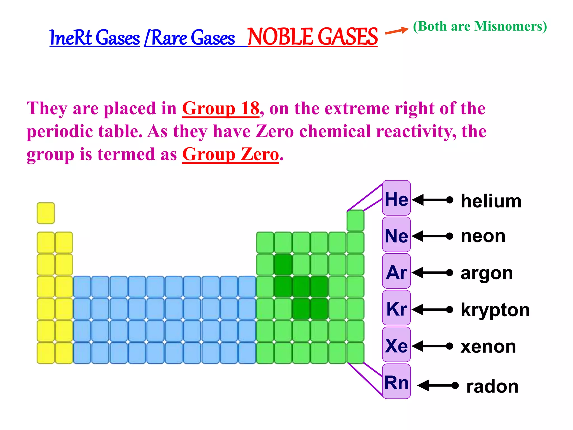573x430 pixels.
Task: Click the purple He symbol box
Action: point(396,198)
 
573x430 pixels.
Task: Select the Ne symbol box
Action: point(396,235)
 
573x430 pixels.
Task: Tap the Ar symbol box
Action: point(396,271)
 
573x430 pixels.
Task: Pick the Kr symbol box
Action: point(396,308)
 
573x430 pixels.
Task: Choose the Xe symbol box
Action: point(396,345)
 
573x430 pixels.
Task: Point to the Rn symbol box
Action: point(396,382)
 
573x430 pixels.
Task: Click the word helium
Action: point(491,201)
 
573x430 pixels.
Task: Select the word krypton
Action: point(495,310)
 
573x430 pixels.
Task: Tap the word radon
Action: point(492,386)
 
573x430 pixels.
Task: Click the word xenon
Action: point(488,347)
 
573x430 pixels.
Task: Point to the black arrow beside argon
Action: point(432,272)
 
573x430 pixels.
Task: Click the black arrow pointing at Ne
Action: point(432,236)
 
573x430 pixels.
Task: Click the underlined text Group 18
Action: point(221,108)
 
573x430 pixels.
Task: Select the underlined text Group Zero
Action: point(231,154)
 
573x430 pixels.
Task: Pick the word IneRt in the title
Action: point(71,38)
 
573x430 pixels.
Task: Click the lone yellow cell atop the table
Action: point(46,213)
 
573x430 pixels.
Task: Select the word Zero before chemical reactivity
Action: point(274,131)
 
